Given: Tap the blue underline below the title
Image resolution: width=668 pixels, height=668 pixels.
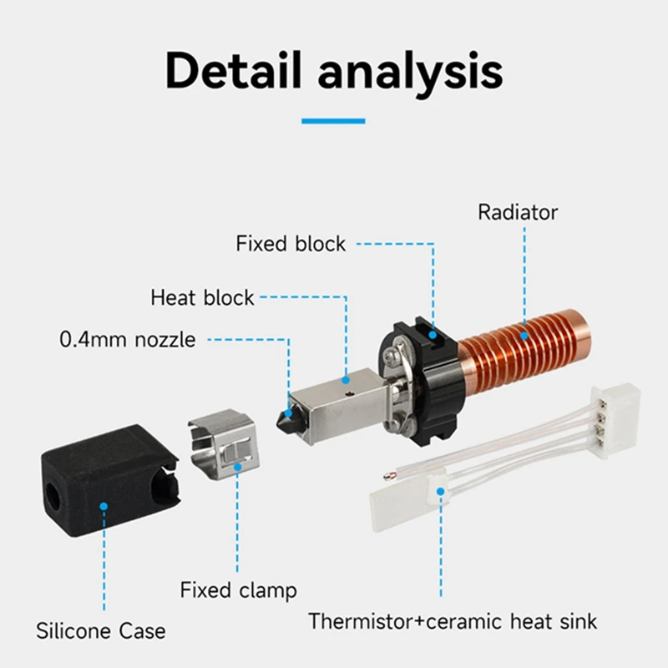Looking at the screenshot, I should [x=333, y=121].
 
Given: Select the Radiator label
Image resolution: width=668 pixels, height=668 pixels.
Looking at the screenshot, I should [x=518, y=212].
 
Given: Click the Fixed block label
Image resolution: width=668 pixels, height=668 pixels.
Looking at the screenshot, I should [x=291, y=244].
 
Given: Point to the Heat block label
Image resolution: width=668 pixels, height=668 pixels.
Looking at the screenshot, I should [x=203, y=297].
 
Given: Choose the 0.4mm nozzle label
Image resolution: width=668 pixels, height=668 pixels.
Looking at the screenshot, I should [x=128, y=340].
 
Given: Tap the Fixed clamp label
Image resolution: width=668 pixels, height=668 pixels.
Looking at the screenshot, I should [x=238, y=590].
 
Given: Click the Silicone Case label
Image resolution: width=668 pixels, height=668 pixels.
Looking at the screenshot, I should [x=100, y=630].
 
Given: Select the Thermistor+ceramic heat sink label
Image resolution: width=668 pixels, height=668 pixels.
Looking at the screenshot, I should [x=453, y=621].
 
